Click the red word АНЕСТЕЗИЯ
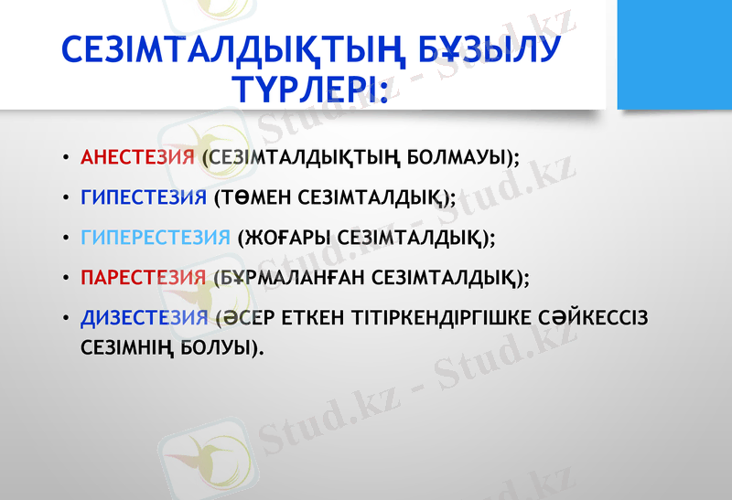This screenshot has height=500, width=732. click(137, 157)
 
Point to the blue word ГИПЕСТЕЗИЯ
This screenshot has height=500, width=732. click(144, 197)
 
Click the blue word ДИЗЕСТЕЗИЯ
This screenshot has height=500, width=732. click(145, 318)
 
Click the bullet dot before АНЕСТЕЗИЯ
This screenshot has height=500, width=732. click(65, 158)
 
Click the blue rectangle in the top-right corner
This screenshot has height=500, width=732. click(674, 55)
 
